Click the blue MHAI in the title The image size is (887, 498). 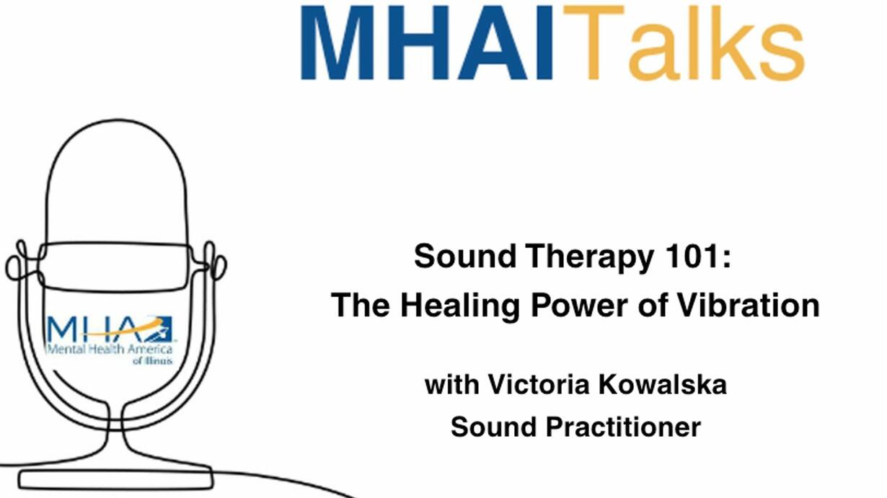[x=426, y=43]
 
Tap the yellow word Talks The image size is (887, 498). [x=684, y=43]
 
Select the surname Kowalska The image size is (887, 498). [x=663, y=384]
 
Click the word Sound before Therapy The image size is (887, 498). [x=465, y=256]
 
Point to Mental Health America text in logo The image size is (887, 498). [x=110, y=349]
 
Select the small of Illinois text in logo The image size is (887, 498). [x=153, y=360]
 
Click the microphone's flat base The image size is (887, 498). [x=115, y=480]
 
